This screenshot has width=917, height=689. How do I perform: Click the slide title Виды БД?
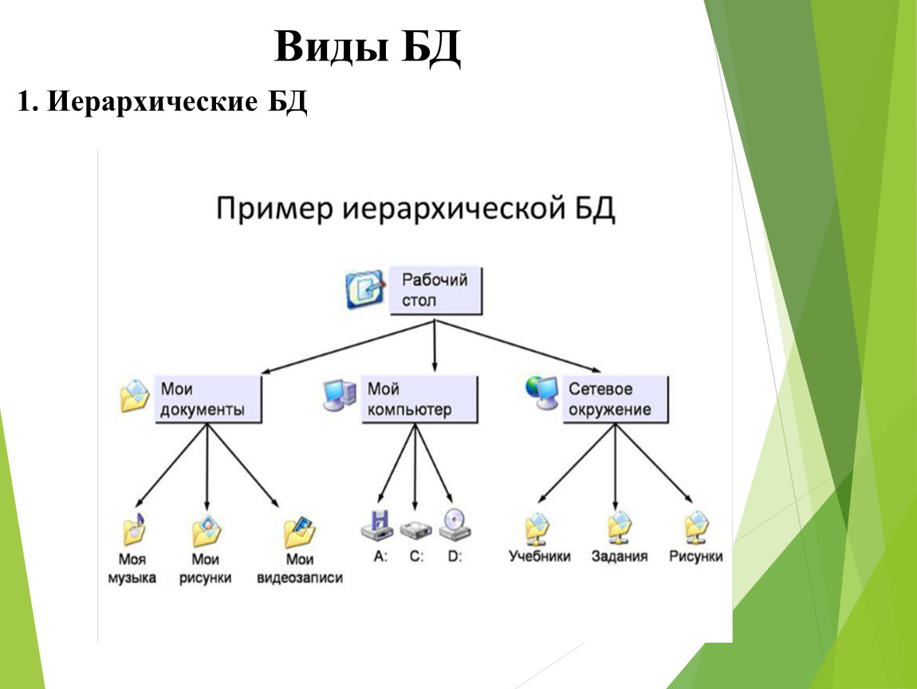point(368,46)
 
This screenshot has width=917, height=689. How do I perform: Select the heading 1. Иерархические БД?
point(162,102)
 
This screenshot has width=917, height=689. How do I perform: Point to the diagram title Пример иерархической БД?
point(415,209)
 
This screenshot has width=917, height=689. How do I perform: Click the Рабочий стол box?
point(435,291)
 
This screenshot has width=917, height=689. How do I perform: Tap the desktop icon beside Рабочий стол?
point(365,289)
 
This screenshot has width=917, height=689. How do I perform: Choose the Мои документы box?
point(207,399)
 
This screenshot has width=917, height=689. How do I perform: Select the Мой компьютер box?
point(419,399)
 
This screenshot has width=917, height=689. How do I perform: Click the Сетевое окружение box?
point(615,399)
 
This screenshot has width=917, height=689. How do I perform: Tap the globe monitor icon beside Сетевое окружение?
point(541,392)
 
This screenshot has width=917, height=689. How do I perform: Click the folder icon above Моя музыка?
point(134,530)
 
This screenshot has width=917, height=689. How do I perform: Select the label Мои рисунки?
point(205,569)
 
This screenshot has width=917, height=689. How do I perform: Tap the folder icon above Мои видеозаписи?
point(300,531)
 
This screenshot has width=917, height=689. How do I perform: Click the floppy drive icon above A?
point(377,526)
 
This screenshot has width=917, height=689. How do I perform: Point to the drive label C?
point(416,556)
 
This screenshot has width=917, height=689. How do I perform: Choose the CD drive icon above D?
point(455,525)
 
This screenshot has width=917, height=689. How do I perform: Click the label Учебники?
point(540,556)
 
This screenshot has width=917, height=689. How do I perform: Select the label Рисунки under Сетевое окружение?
point(696,556)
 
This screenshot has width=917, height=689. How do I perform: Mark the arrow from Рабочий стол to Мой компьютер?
point(435,345)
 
